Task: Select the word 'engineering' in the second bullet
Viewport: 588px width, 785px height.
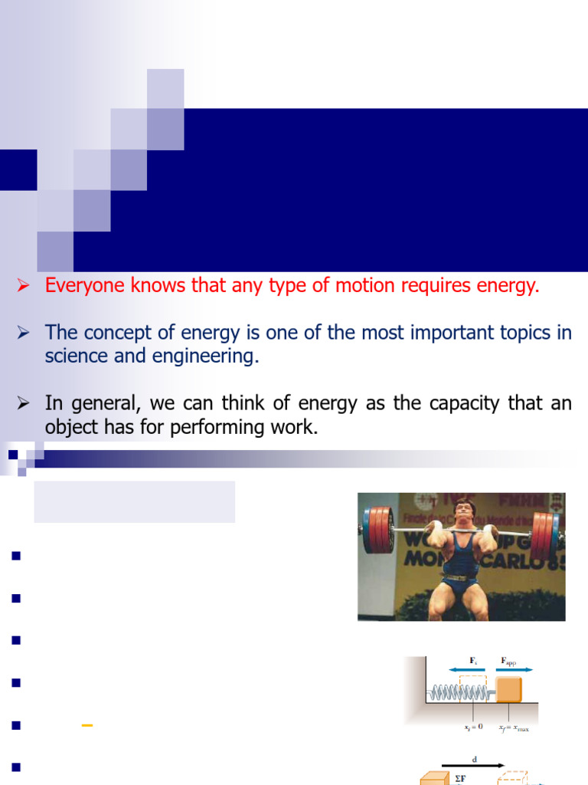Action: click(209, 356)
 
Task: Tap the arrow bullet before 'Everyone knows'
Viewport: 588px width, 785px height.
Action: click(24, 287)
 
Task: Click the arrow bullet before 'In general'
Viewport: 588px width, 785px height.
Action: click(24, 404)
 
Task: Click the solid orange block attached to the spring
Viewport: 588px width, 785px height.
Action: click(508, 688)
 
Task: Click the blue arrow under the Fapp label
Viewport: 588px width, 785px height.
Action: click(514, 669)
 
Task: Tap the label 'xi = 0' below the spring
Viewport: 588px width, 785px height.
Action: click(475, 727)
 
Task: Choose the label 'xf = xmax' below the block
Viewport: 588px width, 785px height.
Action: click(513, 728)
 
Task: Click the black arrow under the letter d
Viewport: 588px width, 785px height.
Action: click(475, 765)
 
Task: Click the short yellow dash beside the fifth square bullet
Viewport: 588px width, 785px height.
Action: click(87, 724)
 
